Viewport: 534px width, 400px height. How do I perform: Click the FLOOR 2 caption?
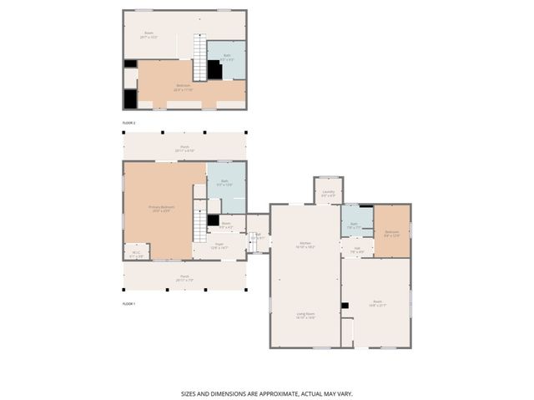(x=128, y=123)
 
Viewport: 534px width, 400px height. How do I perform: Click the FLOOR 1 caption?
(x=128, y=304)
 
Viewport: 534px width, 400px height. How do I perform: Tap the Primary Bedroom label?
(x=161, y=209)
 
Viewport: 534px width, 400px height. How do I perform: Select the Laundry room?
(x=328, y=193)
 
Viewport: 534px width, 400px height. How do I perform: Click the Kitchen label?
(x=305, y=246)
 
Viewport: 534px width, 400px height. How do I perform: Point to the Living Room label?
(x=305, y=316)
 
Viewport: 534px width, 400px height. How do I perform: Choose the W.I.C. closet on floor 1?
(x=138, y=254)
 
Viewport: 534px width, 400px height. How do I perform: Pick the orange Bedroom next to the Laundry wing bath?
(x=392, y=233)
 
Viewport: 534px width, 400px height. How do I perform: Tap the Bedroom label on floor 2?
(x=183, y=87)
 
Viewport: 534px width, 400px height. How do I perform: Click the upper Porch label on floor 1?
(x=184, y=149)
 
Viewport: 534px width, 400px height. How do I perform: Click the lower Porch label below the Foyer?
(x=184, y=279)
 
